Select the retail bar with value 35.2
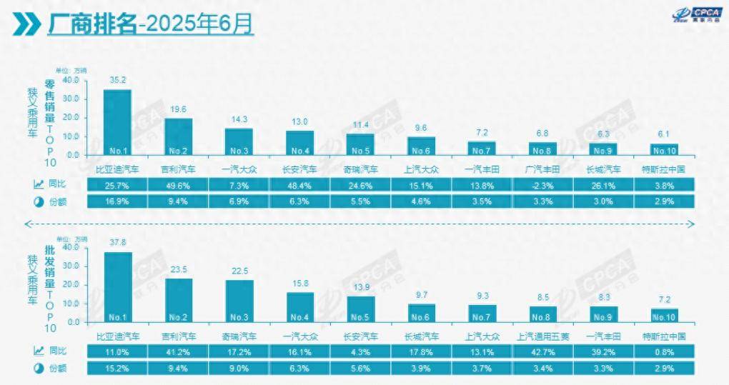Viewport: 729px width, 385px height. pos(117,121)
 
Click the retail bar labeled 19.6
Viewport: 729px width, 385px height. pos(179,136)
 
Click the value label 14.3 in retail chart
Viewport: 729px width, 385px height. pos(239,119)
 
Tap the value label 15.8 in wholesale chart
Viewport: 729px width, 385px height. pos(300,284)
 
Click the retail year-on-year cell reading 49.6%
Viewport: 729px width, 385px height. pos(178,184)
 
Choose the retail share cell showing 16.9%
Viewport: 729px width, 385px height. pos(117,202)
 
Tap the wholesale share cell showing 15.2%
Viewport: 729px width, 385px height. pos(117,369)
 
